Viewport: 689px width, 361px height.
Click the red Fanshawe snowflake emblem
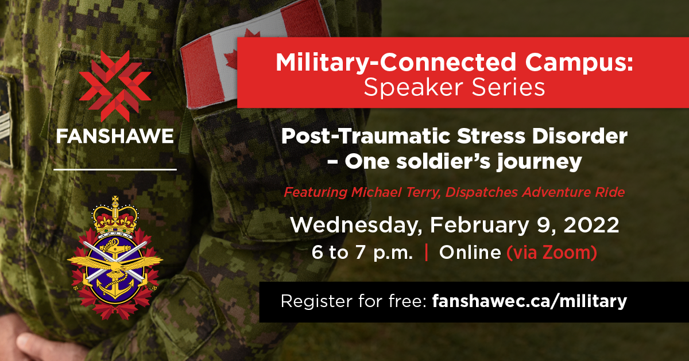(115, 86)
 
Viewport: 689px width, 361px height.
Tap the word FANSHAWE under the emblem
(115, 136)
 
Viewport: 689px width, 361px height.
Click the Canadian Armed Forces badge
(115, 258)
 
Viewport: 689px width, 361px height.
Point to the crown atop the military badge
(115, 215)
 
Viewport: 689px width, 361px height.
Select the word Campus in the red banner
(579, 63)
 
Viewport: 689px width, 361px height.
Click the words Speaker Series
(454, 88)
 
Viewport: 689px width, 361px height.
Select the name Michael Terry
(395, 192)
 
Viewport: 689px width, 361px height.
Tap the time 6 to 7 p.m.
(362, 253)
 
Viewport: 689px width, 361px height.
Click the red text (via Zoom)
(552, 252)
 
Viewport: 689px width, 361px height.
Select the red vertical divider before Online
(426, 252)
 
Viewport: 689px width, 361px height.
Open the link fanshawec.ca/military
(529, 301)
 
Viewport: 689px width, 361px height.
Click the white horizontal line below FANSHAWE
(115, 169)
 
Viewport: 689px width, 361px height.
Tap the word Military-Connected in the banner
(396, 63)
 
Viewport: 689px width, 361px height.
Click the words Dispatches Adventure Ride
(535, 192)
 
